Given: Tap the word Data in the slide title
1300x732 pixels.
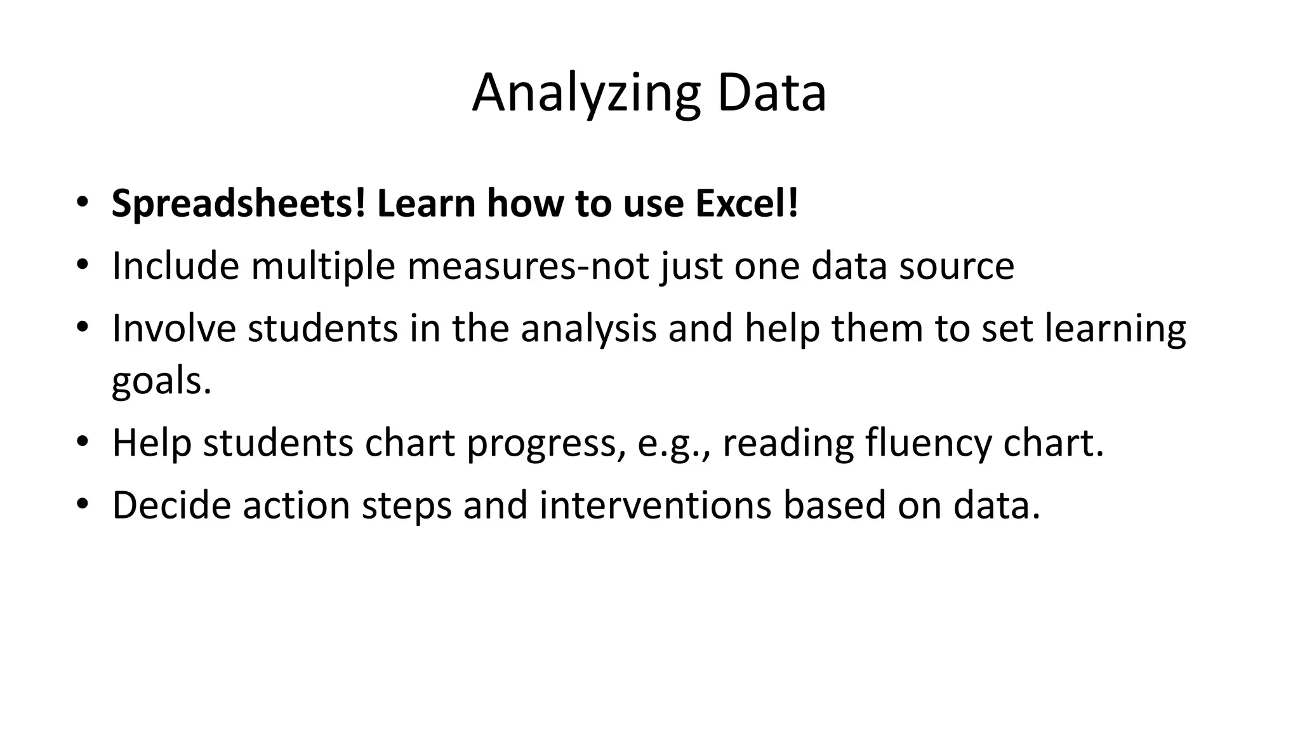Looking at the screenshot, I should coord(771,94).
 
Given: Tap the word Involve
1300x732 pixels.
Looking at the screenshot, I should coord(174,329).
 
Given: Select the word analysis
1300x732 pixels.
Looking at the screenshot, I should coord(588,329).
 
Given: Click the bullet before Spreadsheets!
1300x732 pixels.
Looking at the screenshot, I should coord(82,203).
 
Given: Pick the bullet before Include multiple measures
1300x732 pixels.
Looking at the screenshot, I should coord(82,266).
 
